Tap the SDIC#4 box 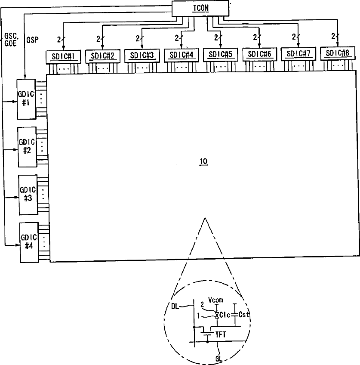pyautogui.click(x=181, y=55)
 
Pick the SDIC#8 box pyautogui.click(x=337, y=53)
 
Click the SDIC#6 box pyautogui.click(x=259, y=55)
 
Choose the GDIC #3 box pyautogui.click(x=27, y=195)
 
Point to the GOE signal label pyautogui.click(x=10, y=44)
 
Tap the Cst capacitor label pyautogui.click(x=244, y=315)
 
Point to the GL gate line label pyautogui.click(x=219, y=357)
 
